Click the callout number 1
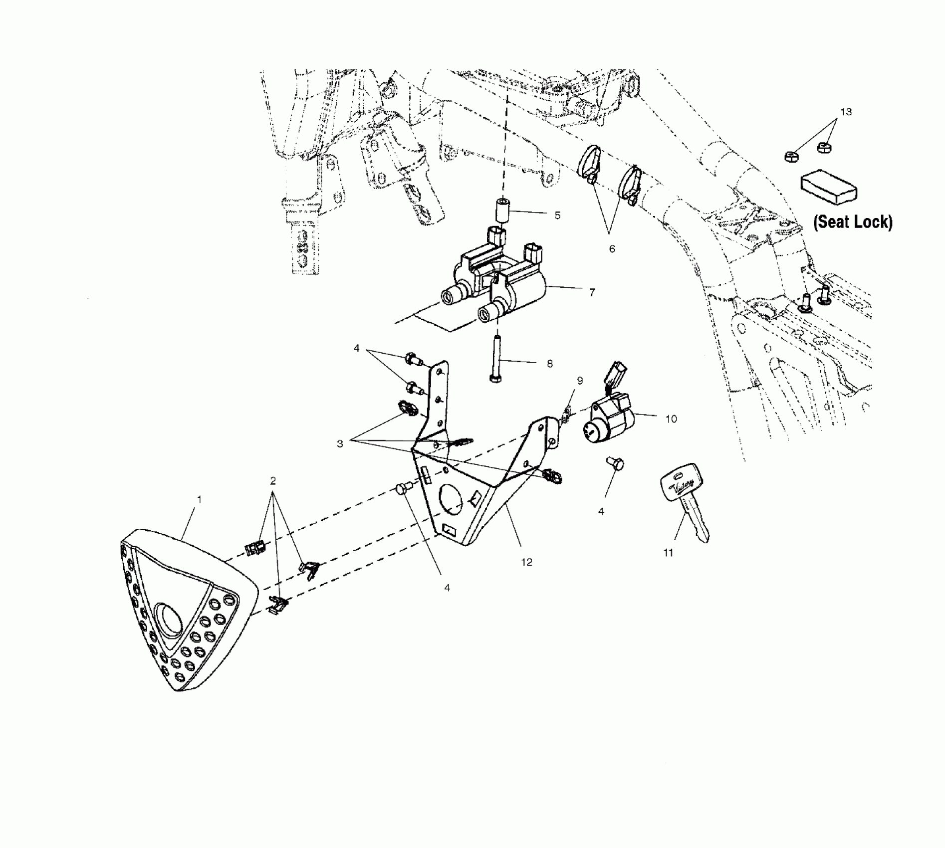[199, 499]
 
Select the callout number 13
[846, 112]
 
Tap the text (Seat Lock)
[853, 222]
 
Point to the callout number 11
[668, 553]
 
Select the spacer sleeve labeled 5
[501, 211]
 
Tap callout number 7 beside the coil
[592, 292]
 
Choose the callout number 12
[526, 562]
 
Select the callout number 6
[612, 248]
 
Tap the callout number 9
[580, 381]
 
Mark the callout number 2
[272, 481]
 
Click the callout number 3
[340, 443]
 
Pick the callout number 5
[557, 215]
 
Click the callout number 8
[549, 364]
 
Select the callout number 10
[671, 419]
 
